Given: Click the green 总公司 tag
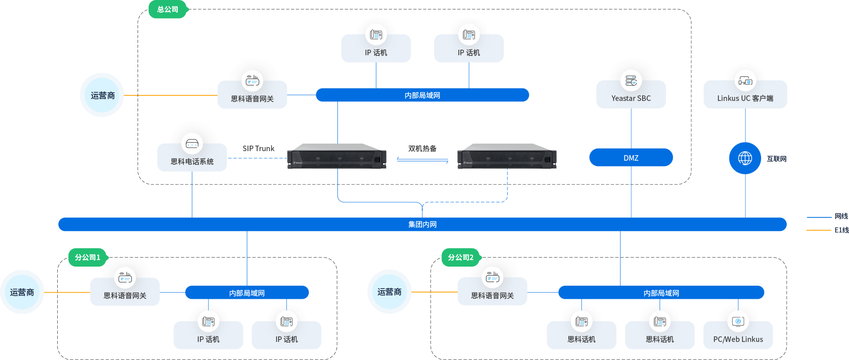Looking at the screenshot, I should click(168, 10).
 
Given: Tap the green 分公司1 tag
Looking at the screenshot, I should click(88, 258).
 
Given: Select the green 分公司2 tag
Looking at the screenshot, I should click(460, 258).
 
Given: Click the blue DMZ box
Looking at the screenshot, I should click(631, 158).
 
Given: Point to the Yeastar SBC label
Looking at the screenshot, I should click(631, 98).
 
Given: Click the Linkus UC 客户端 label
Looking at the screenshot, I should click(745, 98).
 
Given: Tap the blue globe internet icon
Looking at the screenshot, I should click(745, 158).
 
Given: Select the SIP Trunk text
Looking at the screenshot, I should click(259, 149).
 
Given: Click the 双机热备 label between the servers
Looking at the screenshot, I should click(422, 149).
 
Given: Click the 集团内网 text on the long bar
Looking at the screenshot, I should click(422, 224).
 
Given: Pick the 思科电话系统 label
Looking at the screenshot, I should click(192, 162).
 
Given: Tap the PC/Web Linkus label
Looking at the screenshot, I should click(738, 339).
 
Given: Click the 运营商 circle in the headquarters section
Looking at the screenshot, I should click(102, 95).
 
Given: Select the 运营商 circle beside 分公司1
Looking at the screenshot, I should click(22, 292).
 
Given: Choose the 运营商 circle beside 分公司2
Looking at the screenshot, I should click(390, 292).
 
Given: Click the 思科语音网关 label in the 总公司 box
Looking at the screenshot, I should click(253, 99).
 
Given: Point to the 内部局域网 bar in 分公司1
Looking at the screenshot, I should click(247, 293).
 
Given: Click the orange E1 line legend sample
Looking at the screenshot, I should click(818, 230).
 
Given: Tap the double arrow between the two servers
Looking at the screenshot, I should click(422, 160).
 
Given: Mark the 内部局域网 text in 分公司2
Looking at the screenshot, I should click(661, 293).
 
